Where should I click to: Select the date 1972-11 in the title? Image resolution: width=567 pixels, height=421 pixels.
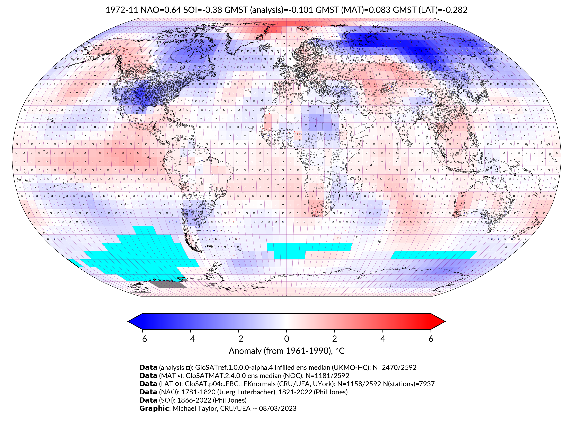(x=122, y=10)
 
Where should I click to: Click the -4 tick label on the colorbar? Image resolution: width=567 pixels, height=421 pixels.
(x=190, y=339)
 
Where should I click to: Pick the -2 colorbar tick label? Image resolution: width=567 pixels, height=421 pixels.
(x=238, y=339)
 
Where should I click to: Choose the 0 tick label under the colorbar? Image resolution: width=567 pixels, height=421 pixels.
(x=286, y=339)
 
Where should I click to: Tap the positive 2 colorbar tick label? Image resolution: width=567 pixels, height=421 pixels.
(x=335, y=339)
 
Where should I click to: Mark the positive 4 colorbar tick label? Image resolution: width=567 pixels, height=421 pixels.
(x=383, y=339)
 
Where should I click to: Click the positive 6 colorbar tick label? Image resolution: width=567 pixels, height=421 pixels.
(x=431, y=339)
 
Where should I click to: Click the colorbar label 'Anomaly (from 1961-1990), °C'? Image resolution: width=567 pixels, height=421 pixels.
(x=286, y=351)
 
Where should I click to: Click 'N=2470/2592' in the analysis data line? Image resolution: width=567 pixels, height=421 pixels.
(x=394, y=368)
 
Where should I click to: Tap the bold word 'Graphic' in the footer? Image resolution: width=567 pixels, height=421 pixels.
(x=154, y=408)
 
